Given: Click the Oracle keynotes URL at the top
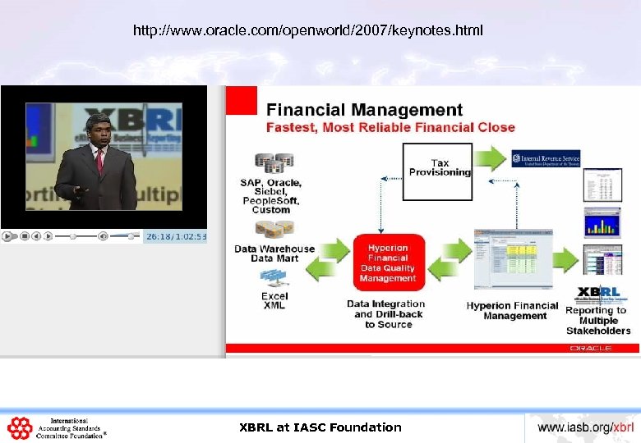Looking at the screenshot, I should point(308,31).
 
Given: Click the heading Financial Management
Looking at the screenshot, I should point(364,110).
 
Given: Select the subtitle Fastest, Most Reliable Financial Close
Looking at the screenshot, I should point(390,127).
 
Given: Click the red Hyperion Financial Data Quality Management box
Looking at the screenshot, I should point(387,263).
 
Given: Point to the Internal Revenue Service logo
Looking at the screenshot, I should point(546,158).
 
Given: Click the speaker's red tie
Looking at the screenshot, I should point(99,160).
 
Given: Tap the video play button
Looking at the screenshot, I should point(7,236).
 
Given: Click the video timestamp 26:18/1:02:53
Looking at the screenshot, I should point(176,236).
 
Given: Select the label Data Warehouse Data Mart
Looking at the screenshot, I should point(274,253).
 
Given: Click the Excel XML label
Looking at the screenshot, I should point(274,300).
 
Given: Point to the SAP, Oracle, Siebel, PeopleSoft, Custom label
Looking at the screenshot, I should point(271,196).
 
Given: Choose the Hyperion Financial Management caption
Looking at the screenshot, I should point(512,311).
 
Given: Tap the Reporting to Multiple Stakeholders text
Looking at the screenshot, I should point(597,321).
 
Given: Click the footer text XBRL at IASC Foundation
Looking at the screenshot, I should point(320,427).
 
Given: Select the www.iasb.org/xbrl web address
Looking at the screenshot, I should point(585,427).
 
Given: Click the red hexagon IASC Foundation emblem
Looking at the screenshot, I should point(20,427).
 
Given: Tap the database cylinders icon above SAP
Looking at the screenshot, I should point(274,162).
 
